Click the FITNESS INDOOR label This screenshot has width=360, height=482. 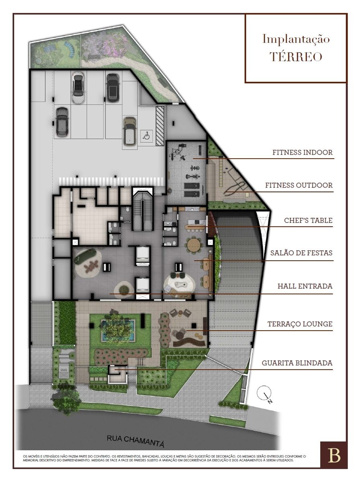click(303, 152)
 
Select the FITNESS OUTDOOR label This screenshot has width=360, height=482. click(299, 185)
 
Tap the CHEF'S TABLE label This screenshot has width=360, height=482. click(308, 220)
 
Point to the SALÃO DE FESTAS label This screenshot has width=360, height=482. click(301, 253)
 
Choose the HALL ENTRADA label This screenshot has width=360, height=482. click(305, 286)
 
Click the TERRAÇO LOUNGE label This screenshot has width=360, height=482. click(300, 324)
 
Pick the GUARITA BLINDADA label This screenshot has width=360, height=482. click(297, 363)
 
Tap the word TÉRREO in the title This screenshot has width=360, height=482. click(296, 57)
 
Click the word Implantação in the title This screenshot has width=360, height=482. click(296, 39)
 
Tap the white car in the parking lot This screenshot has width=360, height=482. click(78, 88)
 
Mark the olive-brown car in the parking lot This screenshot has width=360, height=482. click(129, 131)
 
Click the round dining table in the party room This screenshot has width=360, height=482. click(194, 245)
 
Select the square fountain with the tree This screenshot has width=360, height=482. click(118, 330)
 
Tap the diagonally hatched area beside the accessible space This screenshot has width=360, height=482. click(160, 126)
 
